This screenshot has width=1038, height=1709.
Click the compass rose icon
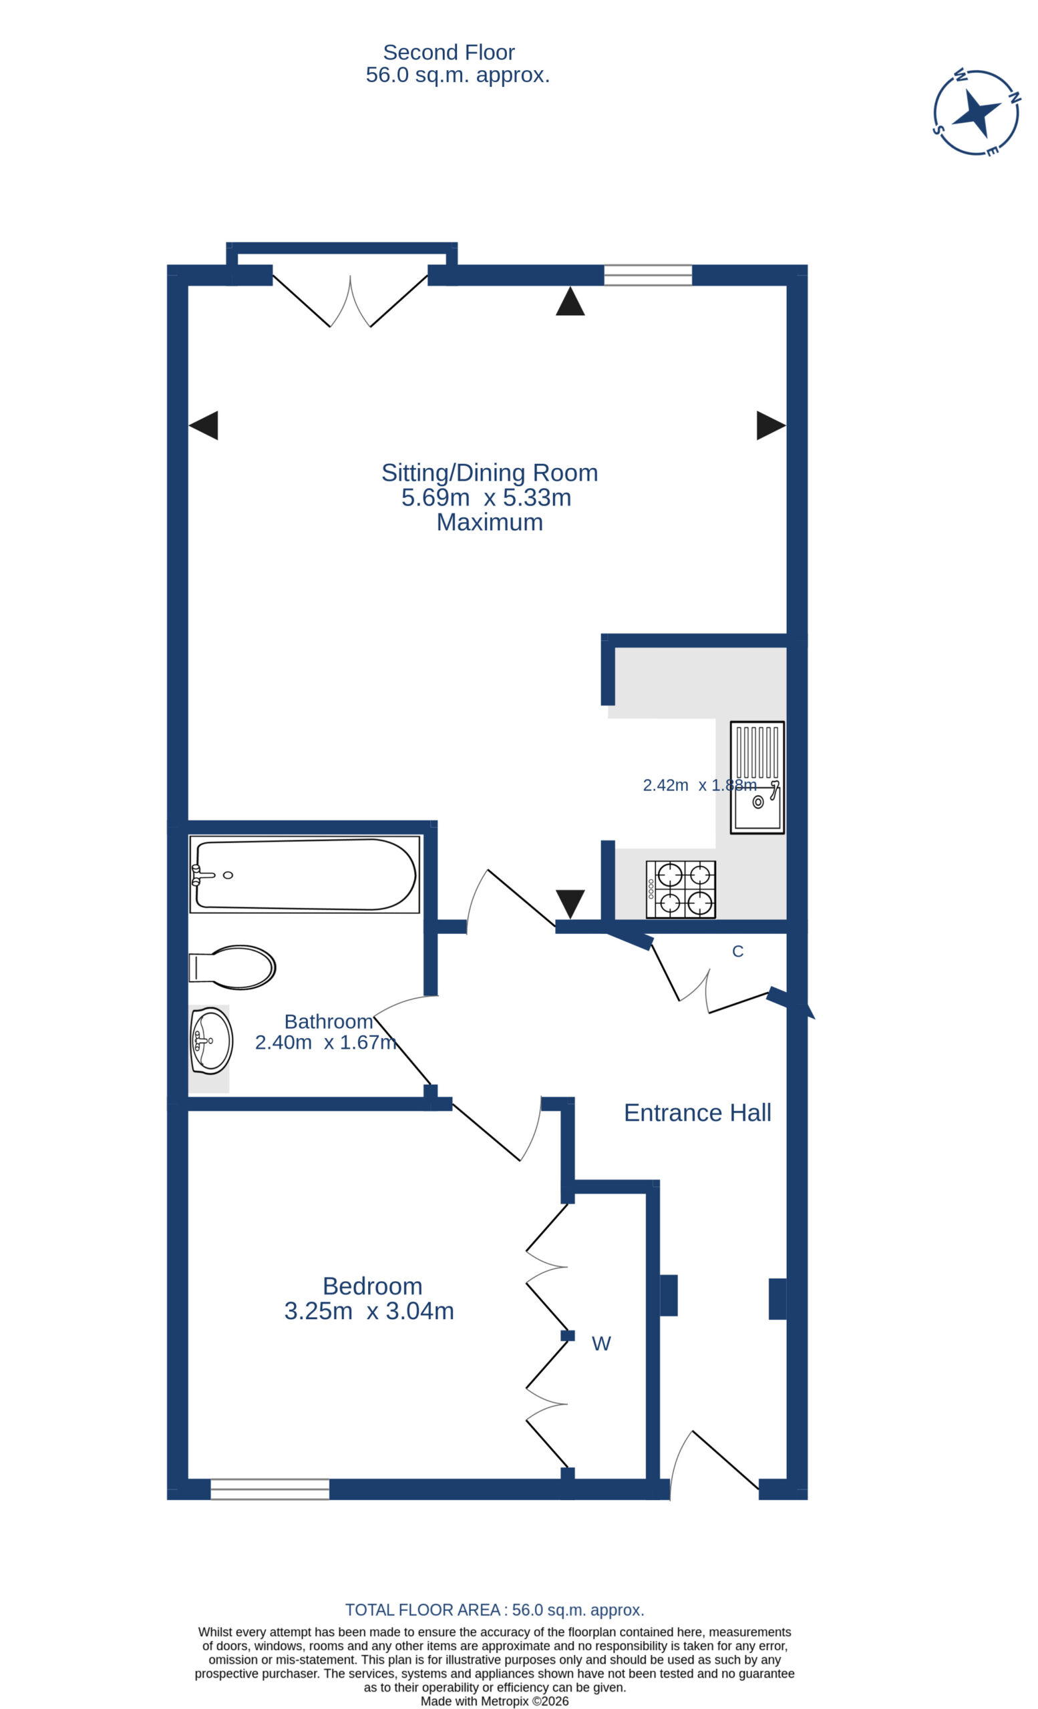point(976,112)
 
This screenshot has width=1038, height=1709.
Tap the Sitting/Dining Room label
point(489,473)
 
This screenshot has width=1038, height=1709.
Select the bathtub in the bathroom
point(305,874)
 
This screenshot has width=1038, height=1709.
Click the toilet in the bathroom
point(232,967)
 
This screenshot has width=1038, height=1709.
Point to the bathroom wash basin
point(211,1040)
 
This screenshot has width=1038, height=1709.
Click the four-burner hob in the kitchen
point(681,890)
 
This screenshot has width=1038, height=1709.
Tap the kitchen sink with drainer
point(757,777)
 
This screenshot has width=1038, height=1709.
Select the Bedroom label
point(373,1286)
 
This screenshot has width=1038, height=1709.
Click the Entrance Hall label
point(697,1112)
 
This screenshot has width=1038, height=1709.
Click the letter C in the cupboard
point(737,951)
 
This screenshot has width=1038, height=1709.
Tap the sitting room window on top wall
point(648,275)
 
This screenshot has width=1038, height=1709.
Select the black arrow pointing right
point(771,425)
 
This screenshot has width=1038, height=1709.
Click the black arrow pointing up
point(570,301)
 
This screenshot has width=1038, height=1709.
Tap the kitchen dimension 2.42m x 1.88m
point(699,785)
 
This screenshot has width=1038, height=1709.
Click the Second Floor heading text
point(449,52)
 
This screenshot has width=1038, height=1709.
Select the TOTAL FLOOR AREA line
point(495,1610)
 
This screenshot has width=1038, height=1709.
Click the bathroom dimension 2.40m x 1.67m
point(325,1043)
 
